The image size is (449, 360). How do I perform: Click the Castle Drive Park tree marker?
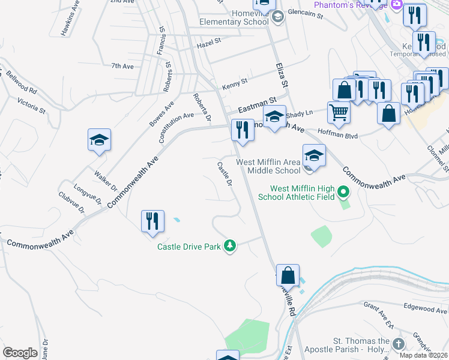tap(229, 245)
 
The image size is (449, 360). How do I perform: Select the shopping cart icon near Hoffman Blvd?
tap(339, 112)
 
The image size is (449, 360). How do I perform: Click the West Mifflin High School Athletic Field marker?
tap(343, 192)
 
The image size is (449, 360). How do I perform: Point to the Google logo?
tap(20, 353)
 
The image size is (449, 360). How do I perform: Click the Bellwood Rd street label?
tap(22, 82)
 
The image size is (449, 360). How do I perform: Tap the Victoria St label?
tap(31, 107)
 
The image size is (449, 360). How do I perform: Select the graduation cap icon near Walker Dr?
tap(99, 140)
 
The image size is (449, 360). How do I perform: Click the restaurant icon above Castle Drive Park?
tap(152, 220)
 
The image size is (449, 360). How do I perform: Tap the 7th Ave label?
tap(122, 66)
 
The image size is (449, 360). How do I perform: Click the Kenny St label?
tap(235, 82)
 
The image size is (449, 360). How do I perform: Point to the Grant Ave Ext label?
tap(378, 314)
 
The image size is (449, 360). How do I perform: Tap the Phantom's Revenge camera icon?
tap(396, 5)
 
